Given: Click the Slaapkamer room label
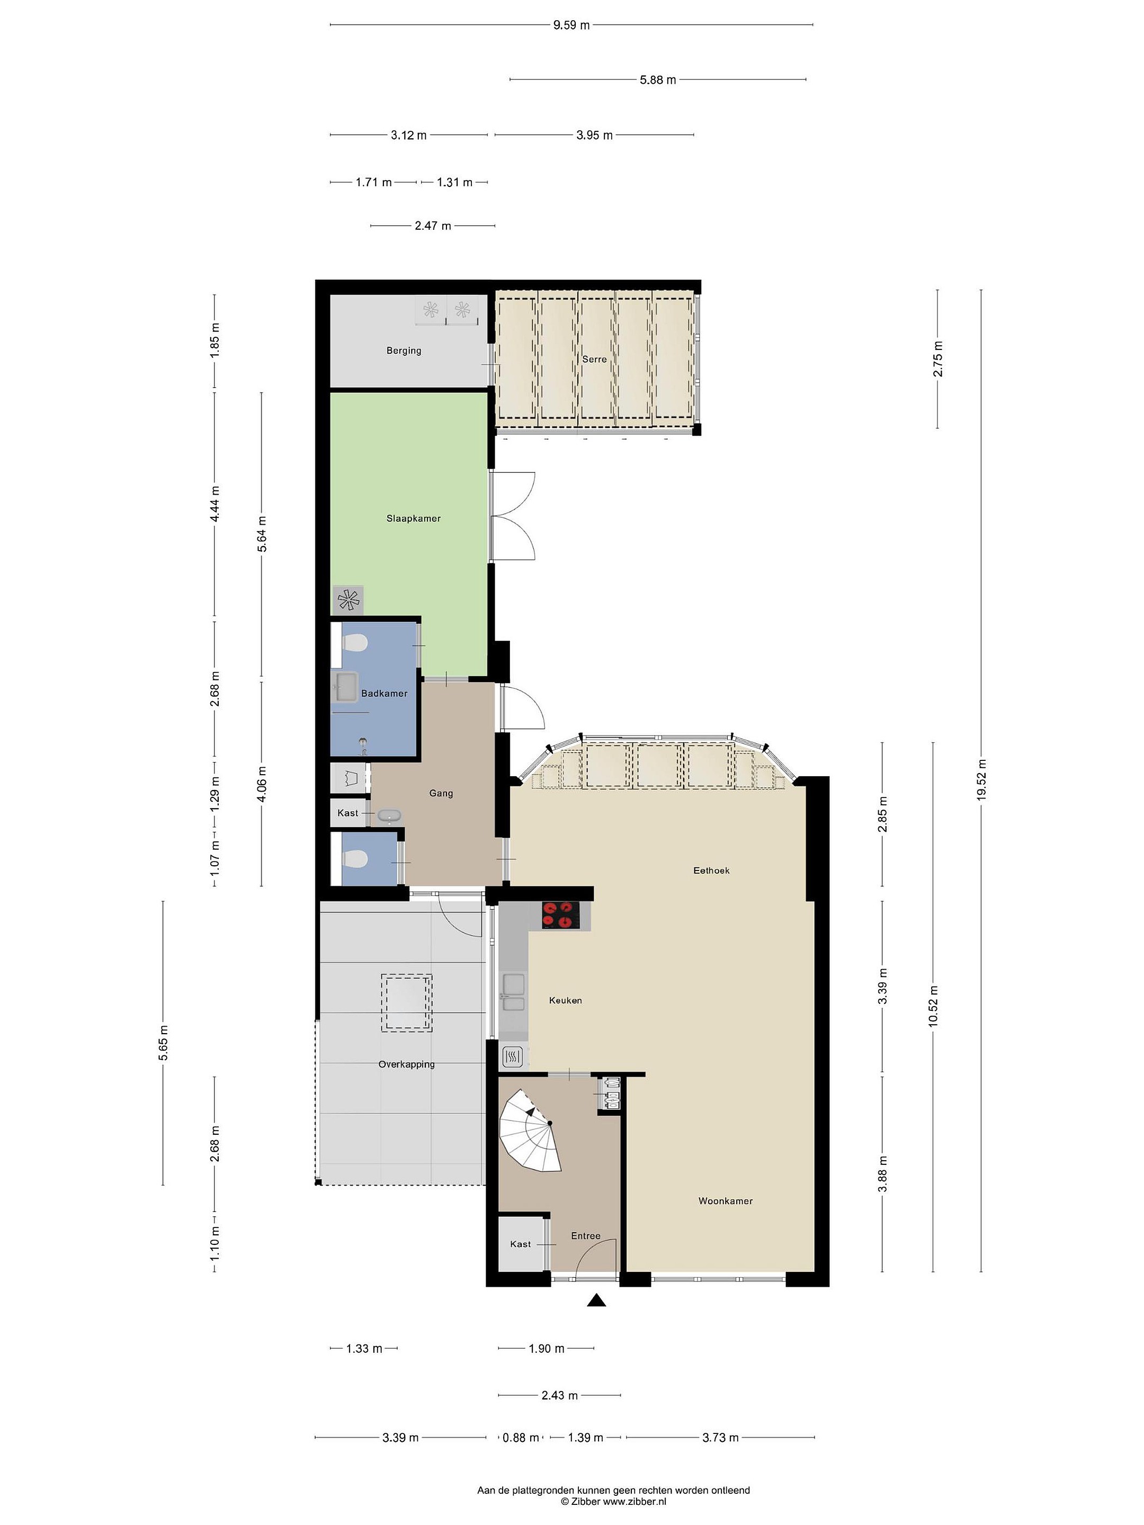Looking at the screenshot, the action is (x=413, y=518).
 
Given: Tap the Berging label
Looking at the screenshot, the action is (x=404, y=350).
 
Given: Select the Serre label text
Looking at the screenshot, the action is (x=594, y=359).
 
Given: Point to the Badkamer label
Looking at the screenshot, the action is (x=384, y=694).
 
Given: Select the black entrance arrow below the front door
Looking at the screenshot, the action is (x=596, y=1300).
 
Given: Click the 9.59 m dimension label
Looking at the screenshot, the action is (x=571, y=25).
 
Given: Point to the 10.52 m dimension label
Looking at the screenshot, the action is (x=934, y=1006).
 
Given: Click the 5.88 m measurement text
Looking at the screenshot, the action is (x=657, y=80).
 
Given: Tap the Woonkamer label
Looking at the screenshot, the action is (x=726, y=1201).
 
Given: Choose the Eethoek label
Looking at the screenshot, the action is (x=711, y=871).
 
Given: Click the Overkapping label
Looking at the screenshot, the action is (x=406, y=1064).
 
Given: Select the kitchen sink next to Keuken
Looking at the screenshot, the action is (x=514, y=993).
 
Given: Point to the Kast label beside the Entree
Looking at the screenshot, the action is (x=521, y=1244).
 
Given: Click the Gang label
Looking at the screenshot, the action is (x=441, y=794).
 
